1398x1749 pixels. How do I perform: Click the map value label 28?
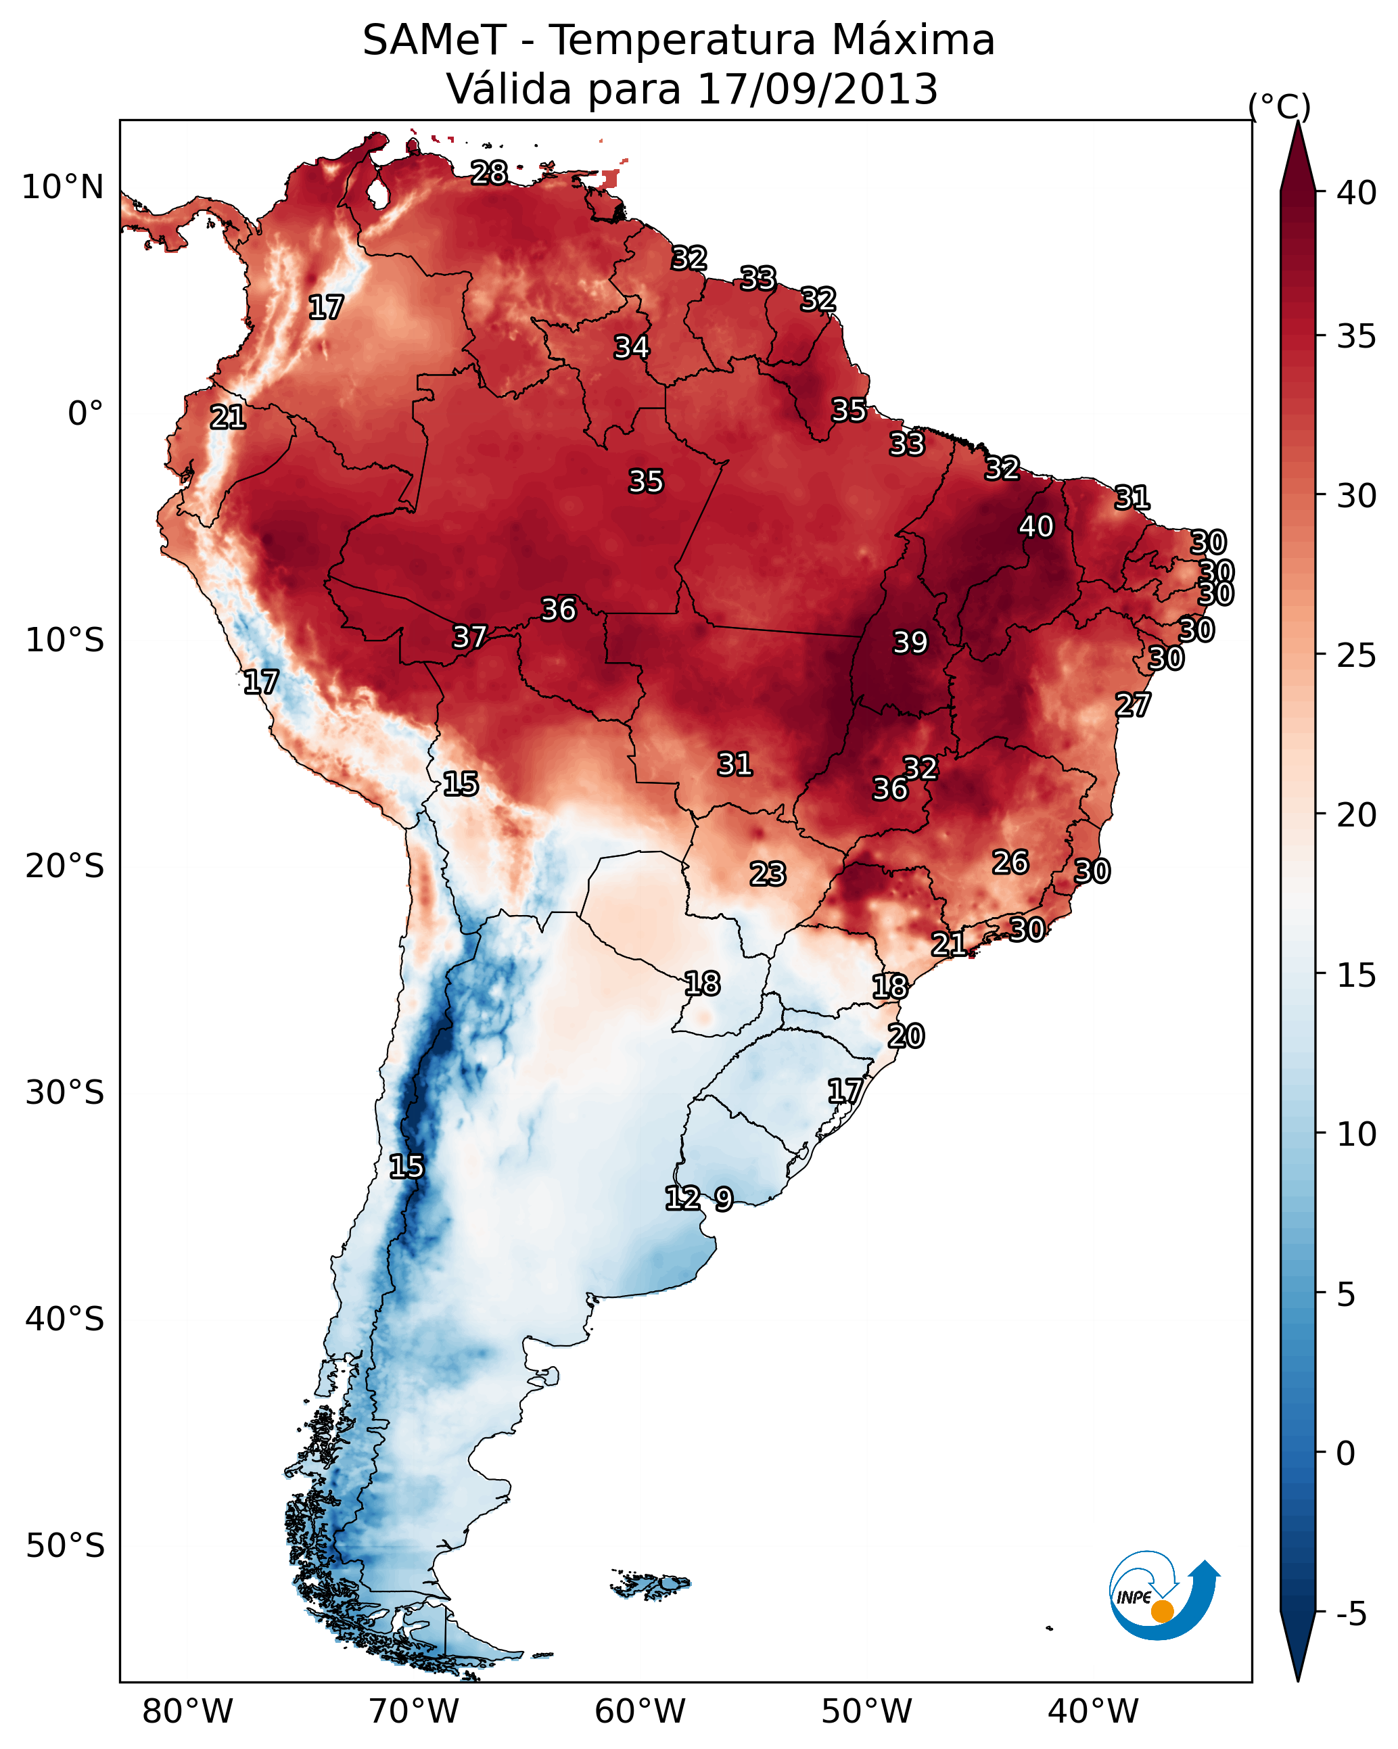click(x=489, y=172)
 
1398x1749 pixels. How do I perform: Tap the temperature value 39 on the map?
click(x=910, y=642)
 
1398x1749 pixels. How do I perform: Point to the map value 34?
click(x=631, y=347)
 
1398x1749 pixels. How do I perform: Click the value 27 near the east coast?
click(x=1133, y=704)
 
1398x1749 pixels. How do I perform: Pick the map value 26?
click(x=1010, y=862)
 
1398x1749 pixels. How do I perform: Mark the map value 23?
click(x=768, y=874)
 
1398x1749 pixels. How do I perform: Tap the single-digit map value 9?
click(x=724, y=1199)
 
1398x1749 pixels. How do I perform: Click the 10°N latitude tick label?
click(x=62, y=187)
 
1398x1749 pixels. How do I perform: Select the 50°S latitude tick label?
click(x=65, y=1546)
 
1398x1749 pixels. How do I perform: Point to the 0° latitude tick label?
click(x=85, y=414)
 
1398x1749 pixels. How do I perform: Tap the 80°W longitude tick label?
click(x=187, y=1711)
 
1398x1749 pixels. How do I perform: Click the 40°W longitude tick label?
click(x=1093, y=1711)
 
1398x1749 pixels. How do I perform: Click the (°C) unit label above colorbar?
click(x=1279, y=106)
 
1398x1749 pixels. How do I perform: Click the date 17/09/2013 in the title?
click(x=817, y=89)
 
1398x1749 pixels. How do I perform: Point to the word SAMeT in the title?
click(x=434, y=41)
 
